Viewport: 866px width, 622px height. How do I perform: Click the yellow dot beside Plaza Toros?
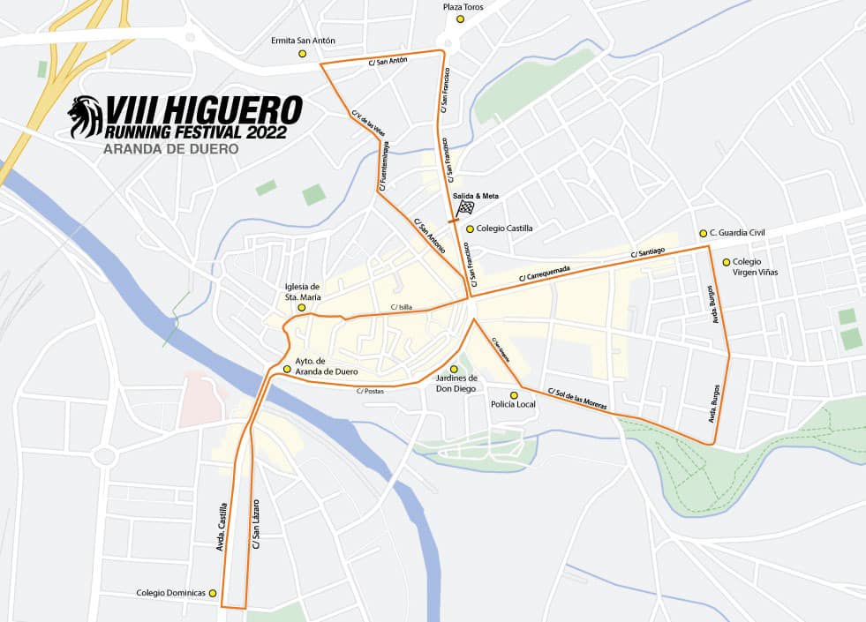pyautogui.click(x=459, y=19)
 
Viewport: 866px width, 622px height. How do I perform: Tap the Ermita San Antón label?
pyautogui.click(x=305, y=41)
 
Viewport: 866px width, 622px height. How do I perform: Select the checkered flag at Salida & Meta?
pyautogui.click(x=465, y=208)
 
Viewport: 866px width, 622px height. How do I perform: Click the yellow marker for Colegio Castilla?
pyautogui.click(x=470, y=229)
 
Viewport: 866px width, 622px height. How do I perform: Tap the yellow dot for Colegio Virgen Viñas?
pyautogui.click(x=727, y=262)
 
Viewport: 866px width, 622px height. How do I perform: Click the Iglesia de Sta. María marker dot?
pyautogui.click(x=302, y=308)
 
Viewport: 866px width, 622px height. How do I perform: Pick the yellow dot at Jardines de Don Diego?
pyautogui.click(x=454, y=369)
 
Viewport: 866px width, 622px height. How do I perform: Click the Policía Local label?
pyautogui.click(x=513, y=404)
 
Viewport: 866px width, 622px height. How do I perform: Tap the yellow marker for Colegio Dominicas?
pyautogui.click(x=213, y=593)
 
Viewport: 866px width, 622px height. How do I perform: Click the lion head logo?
pyautogui.click(x=86, y=118)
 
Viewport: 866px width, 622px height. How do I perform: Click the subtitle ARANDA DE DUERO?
pyautogui.click(x=171, y=150)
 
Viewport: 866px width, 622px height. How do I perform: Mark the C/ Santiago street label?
pyautogui.click(x=647, y=253)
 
